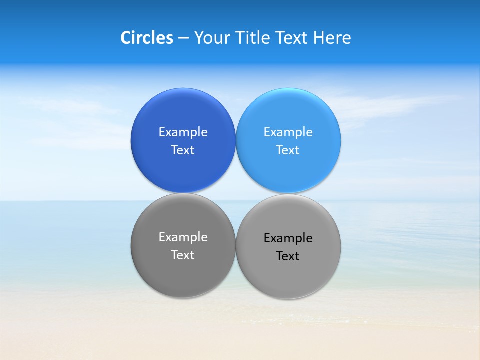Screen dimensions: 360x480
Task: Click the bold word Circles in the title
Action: [x=147, y=38]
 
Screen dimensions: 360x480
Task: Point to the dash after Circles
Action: [x=183, y=38]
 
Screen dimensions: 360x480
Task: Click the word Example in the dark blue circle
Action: [x=183, y=132]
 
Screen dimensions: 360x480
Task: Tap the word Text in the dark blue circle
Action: [x=183, y=150]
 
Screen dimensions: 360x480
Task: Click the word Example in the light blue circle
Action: [x=288, y=132]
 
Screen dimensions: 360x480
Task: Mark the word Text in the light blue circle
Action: [x=288, y=150]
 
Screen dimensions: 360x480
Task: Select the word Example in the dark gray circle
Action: [x=183, y=237]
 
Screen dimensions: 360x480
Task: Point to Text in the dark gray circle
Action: [x=183, y=255]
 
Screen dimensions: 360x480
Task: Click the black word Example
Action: [x=288, y=238]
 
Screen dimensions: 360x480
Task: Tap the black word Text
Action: [x=288, y=256]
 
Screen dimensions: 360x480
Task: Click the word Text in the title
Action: [x=292, y=38]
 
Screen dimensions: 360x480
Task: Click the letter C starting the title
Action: [x=126, y=38]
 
